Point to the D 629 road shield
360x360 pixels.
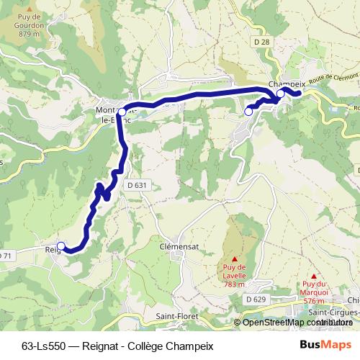[256, 299]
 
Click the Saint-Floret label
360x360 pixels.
[176, 316]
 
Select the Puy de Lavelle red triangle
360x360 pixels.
[235, 258]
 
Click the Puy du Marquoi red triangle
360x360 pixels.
[315, 275]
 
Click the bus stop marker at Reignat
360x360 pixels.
[61, 246]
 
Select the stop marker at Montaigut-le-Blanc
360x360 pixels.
[123, 112]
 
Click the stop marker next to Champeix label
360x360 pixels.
[280, 94]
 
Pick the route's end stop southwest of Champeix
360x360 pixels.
[248, 111]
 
